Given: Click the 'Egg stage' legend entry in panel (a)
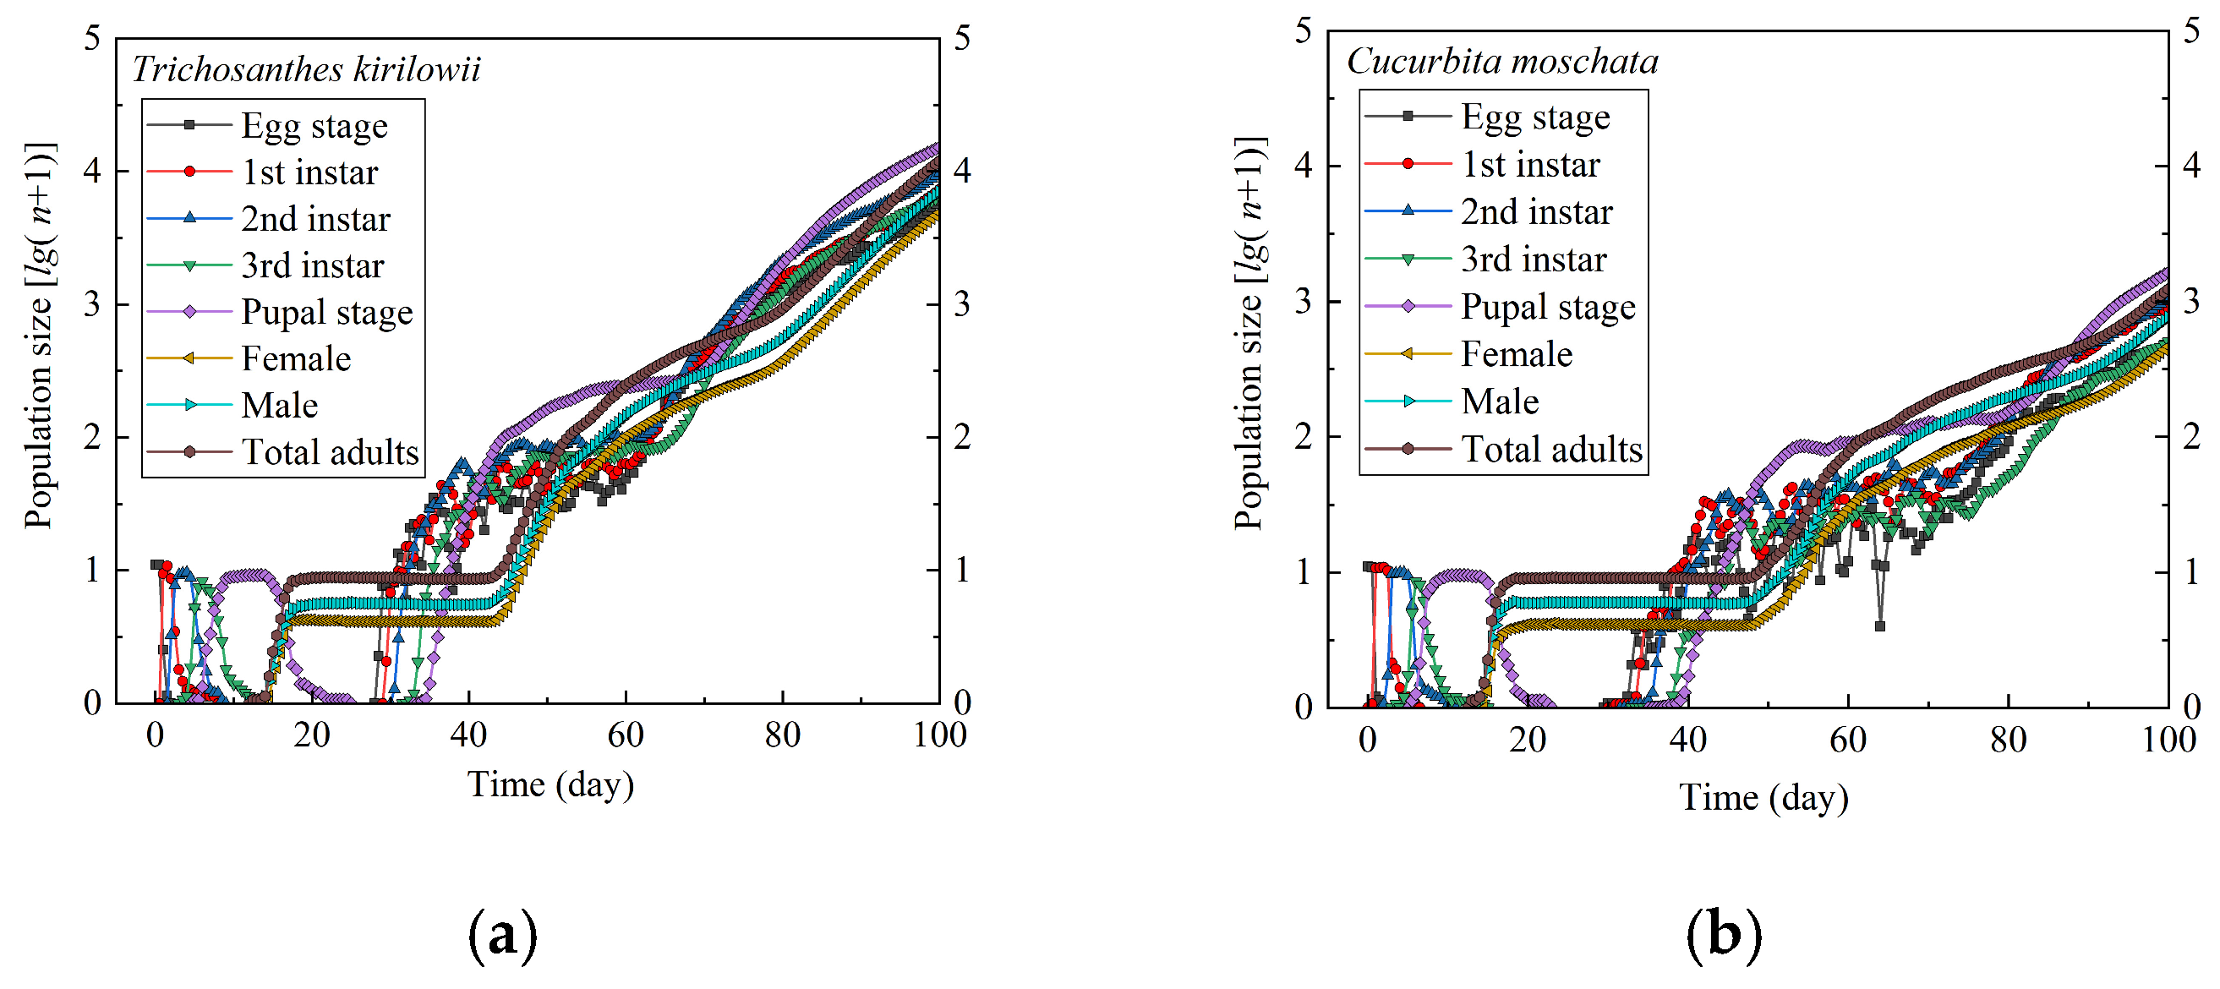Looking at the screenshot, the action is click(x=314, y=126).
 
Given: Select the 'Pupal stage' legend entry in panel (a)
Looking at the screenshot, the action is click(x=326, y=312).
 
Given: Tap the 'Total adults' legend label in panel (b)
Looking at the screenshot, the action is click(x=1552, y=449).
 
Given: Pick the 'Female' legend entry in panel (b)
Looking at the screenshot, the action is click(x=1517, y=354).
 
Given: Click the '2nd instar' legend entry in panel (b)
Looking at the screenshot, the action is click(x=1537, y=212).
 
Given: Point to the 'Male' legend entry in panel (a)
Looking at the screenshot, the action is click(x=280, y=405).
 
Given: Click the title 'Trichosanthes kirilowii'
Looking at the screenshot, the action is click(x=306, y=69).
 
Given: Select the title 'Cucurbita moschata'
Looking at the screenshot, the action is click(x=1502, y=61).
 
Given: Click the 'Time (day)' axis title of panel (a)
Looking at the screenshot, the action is click(x=550, y=784).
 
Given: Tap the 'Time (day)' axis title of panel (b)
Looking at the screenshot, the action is click(x=1763, y=798).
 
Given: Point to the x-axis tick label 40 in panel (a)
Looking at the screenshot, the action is click(x=468, y=735).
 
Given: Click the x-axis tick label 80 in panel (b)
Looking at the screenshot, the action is click(x=2008, y=740).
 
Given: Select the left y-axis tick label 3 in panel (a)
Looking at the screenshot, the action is click(x=92, y=304).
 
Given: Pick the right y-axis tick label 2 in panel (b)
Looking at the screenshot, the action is click(x=2191, y=437).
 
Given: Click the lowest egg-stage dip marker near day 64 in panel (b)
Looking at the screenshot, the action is click(x=1879, y=626).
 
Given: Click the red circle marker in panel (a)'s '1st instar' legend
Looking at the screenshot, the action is click(x=189, y=172).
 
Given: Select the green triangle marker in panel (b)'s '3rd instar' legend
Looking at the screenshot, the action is click(x=1408, y=260).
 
